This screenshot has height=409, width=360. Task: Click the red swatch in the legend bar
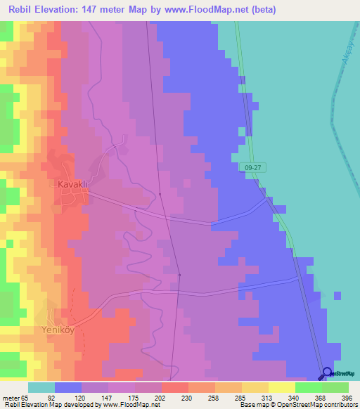(x=174, y=387)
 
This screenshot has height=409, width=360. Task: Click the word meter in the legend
(x=10, y=397)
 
